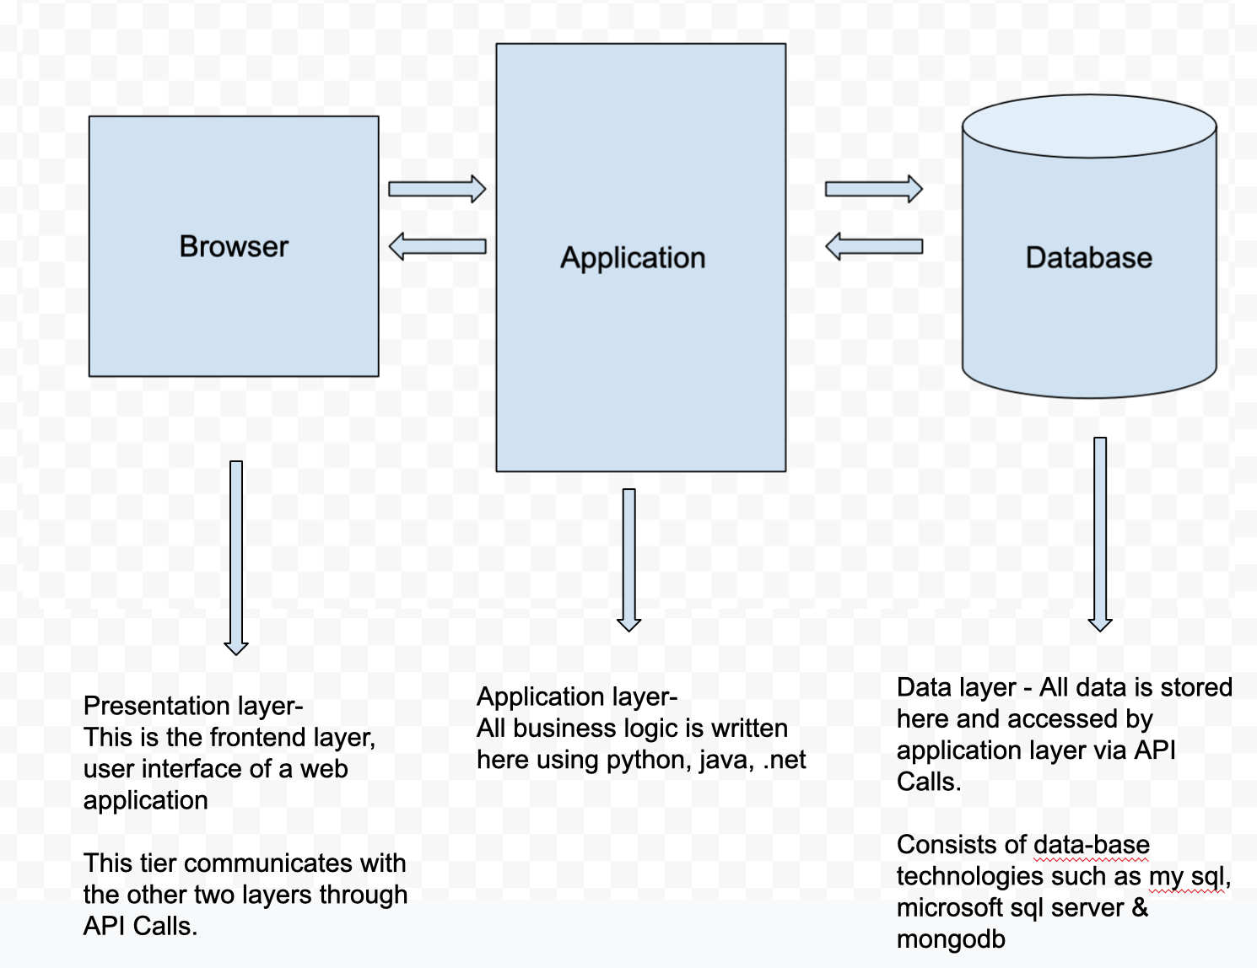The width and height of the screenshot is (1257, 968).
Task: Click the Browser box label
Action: tap(234, 246)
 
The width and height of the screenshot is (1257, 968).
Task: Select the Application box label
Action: tap(633, 257)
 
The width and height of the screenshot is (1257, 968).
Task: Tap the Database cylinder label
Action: tap(1088, 257)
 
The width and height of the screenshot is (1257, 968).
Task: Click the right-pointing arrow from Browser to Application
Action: tap(437, 189)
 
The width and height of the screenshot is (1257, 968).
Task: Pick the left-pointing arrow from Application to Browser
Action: tap(437, 246)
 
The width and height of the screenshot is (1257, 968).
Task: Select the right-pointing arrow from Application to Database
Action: tap(873, 189)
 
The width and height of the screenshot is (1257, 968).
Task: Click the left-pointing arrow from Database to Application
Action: tap(873, 246)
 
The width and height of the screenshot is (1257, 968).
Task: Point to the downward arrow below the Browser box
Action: tap(236, 557)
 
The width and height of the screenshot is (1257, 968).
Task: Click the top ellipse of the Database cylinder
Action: tap(1089, 127)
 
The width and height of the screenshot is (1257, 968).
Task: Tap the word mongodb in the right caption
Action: tap(951, 939)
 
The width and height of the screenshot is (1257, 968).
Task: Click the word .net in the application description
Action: tap(785, 760)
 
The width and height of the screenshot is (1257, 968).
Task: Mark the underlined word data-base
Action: tap(1091, 845)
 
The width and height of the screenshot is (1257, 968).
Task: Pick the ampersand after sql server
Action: tap(1140, 908)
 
